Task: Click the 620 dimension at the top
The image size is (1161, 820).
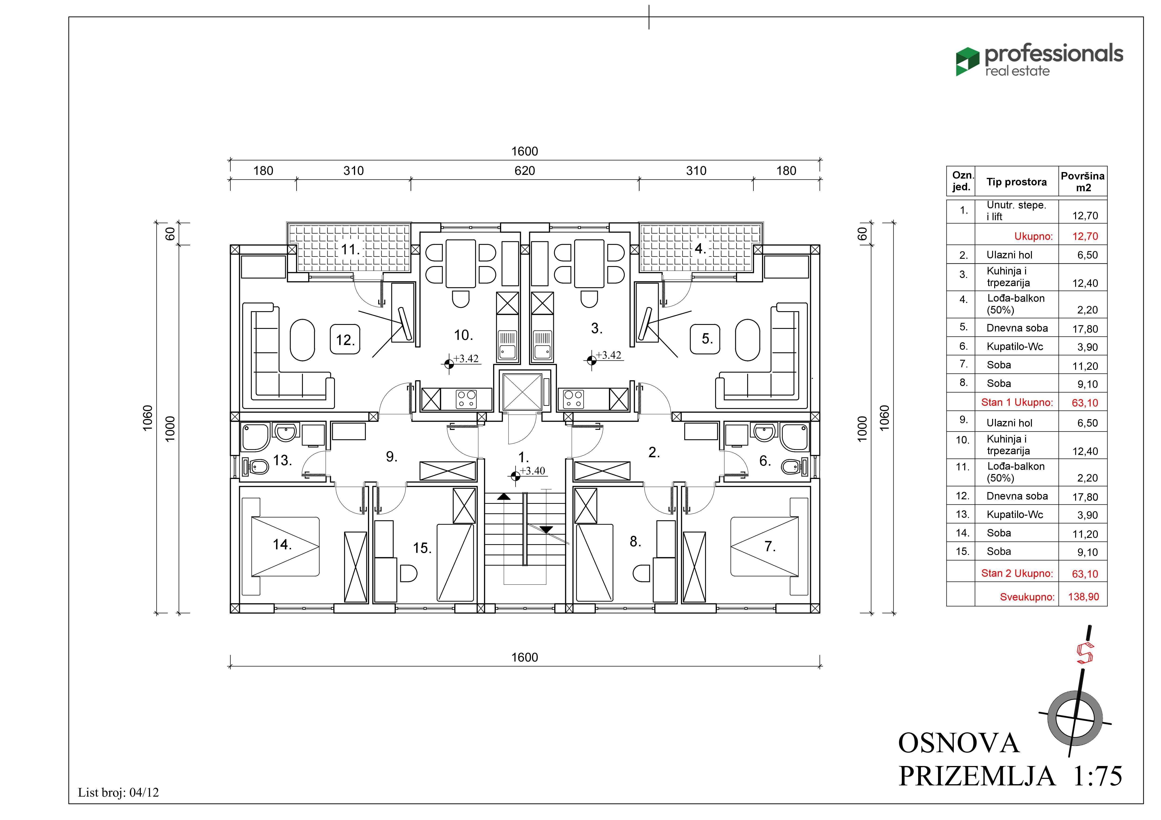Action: [x=524, y=171]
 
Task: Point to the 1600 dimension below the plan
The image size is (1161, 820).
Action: [x=524, y=657]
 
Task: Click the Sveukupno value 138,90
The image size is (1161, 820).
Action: [x=1083, y=597]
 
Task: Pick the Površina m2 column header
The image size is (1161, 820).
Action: [x=1083, y=181]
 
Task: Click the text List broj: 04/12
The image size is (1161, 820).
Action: [x=118, y=792]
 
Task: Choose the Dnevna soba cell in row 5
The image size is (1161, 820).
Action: [x=1017, y=328]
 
